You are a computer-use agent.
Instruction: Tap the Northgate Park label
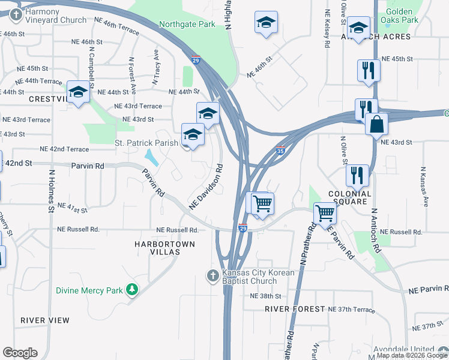click(x=187, y=25)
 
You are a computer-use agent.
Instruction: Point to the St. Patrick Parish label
click(x=146, y=143)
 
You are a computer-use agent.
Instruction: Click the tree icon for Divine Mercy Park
click(x=131, y=290)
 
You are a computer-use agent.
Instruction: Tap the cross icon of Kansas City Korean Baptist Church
click(x=212, y=276)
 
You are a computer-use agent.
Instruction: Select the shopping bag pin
click(x=376, y=125)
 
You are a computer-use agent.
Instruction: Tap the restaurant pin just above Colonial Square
click(x=357, y=175)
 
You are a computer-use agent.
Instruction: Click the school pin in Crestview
click(x=77, y=92)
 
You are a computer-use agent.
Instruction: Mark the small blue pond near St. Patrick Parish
click(x=152, y=158)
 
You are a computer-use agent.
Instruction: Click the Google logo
click(x=20, y=353)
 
